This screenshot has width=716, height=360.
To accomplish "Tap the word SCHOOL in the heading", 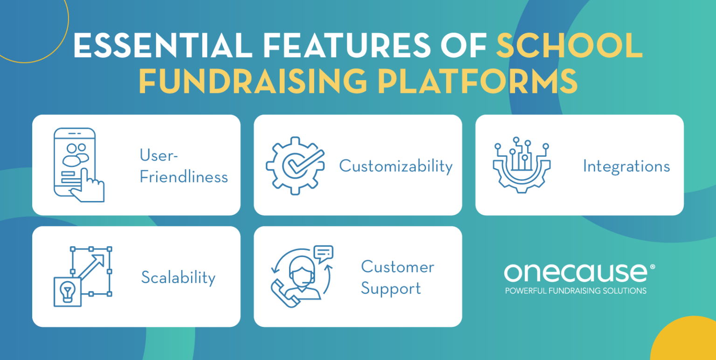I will pyautogui.click(x=569, y=47).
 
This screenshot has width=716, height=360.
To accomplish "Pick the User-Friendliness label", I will pyautogui.click(x=184, y=166).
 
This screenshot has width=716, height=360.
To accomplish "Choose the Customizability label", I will pyautogui.click(x=396, y=166).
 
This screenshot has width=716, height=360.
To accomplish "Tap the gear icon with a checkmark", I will pyautogui.click(x=295, y=165).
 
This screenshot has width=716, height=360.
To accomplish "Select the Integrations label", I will pyautogui.click(x=626, y=166).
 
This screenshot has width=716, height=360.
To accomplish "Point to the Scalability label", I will pyautogui.click(x=178, y=277).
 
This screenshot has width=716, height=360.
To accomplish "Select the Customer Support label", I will pyautogui.click(x=397, y=277).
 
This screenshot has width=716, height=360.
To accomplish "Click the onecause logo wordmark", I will pyautogui.click(x=576, y=273).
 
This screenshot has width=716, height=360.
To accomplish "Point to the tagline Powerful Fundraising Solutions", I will pyautogui.click(x=576, y=291).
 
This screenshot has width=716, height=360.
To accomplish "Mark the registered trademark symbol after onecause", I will pyautogui.click(x=652, y=267).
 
